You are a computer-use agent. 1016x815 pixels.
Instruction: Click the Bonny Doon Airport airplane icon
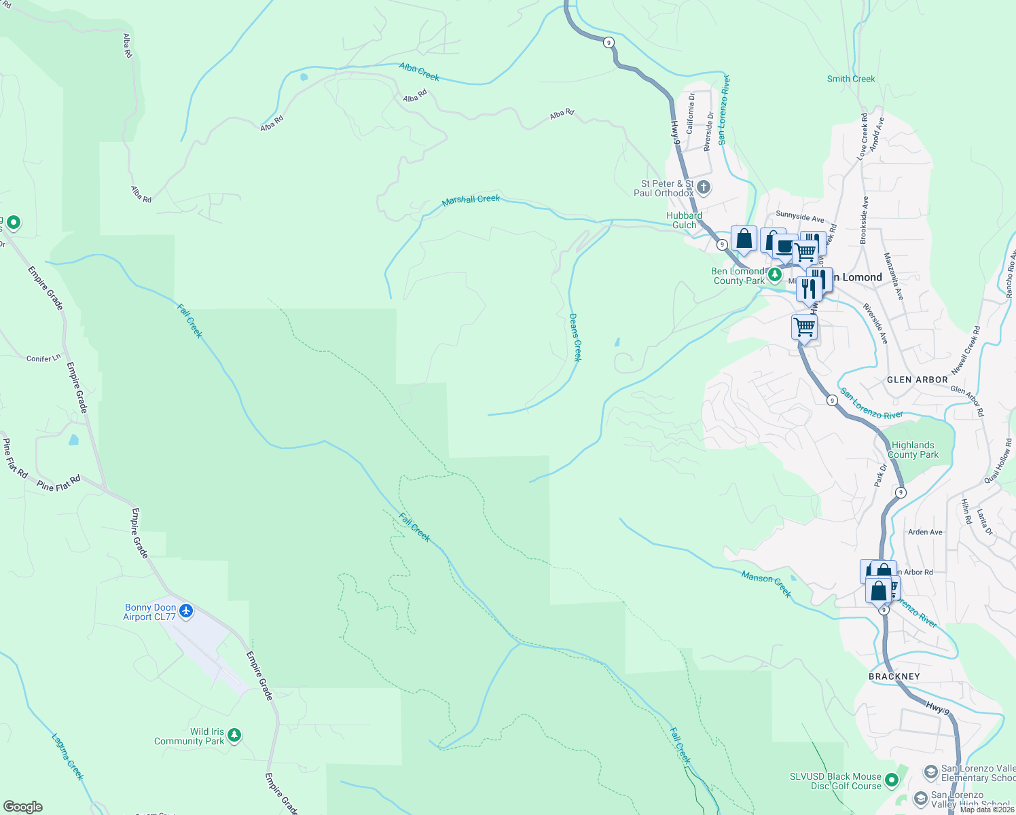(185, 612)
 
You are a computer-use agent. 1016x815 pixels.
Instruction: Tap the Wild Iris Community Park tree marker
(234, 736)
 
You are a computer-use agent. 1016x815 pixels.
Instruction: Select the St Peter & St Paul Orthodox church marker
(704, 187)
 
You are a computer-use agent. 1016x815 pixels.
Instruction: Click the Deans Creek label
(575, 337)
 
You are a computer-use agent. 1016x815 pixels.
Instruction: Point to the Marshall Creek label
(471, 200)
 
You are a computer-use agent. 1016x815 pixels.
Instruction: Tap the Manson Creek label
(766, 584)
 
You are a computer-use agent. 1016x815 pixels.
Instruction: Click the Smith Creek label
(851, 79)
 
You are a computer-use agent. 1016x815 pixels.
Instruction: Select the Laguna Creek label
(68, 756)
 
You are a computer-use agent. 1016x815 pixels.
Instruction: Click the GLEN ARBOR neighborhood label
(917, 380)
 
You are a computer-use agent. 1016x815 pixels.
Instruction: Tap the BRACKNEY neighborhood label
(894, 676)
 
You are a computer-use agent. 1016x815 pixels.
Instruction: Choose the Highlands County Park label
(913, 450)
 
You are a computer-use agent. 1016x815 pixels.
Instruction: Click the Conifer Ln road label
(43, 358)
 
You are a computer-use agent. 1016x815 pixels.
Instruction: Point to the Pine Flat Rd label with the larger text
(59, 484)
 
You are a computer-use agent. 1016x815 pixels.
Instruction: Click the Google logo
(23, 807)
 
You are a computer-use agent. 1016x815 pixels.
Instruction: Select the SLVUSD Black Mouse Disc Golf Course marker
(892, 780)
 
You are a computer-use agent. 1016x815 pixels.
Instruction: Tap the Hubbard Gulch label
(684, 220)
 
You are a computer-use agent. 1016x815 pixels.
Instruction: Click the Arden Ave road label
(925, 532)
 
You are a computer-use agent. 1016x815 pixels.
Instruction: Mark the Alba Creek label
(419, 71)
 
